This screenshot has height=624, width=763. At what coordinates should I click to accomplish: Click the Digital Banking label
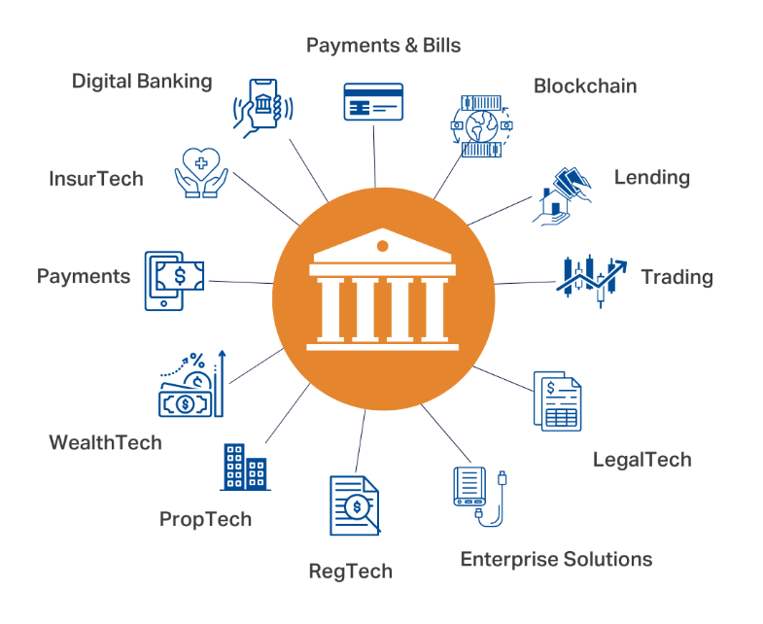click(x=142, y=81)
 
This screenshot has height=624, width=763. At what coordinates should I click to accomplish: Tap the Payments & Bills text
click(x=383, y=45)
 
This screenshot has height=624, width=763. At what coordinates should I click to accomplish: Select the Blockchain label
click(x=585, y=86)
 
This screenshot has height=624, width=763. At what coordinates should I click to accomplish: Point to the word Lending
click(x=651, y=177)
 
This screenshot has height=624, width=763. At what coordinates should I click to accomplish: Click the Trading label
click(x=676, y=277)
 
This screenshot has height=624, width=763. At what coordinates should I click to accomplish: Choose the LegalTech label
click(x=642, y=459)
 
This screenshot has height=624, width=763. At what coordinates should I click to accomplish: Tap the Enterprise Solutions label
click(x=556, y=559)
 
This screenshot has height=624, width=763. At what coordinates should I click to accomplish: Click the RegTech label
click(x=350, y=571)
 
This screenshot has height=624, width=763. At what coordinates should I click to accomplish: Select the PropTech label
click(x=205, y=519)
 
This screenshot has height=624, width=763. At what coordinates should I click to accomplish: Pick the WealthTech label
click(x=105, y=442)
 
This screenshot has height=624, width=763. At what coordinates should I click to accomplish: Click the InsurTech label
click(x=96, y=178)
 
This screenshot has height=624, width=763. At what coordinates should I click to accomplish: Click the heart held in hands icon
click(x=199, y=173)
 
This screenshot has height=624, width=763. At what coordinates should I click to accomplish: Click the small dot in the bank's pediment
click(x=382, y=244)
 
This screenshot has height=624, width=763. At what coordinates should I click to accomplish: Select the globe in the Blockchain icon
click(x=479, y=125)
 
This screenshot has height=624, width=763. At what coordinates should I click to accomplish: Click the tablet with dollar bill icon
click(x=174, y=279)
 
